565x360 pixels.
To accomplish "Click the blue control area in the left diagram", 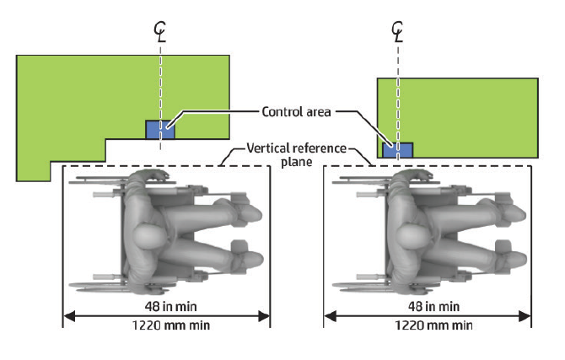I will point(159,129).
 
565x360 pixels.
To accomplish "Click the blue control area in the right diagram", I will point(398,149).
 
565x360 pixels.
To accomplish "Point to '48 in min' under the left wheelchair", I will point(166,304).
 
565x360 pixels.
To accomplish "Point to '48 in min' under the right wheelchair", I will point(428,304).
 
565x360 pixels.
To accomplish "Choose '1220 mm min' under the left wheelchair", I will point(166,325).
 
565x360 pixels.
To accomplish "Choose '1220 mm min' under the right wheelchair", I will point(428,325).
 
